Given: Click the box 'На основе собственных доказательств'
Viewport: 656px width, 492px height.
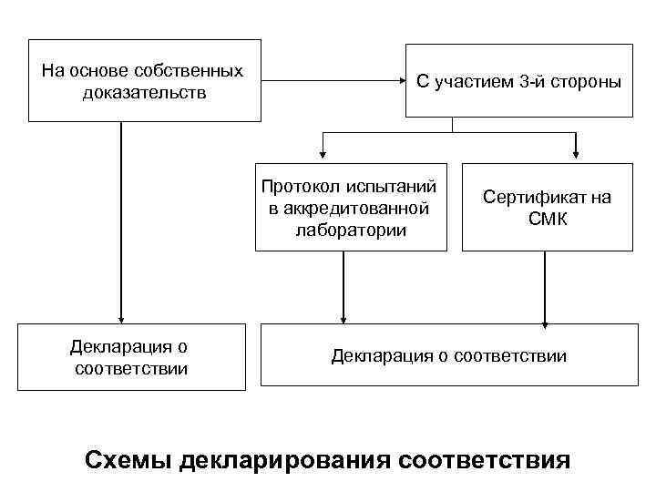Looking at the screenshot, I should point(144,81).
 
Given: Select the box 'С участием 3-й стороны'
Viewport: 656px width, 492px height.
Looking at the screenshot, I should point(518,82).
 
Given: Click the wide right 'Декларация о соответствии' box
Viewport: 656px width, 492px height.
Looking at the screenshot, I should point(448,355).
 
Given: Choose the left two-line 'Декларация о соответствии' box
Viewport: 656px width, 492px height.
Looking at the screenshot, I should point(131,356).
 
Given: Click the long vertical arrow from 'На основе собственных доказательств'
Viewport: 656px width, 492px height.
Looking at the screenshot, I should point(120,219).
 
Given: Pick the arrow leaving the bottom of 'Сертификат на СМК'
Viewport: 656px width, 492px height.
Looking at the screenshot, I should point(545,287).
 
